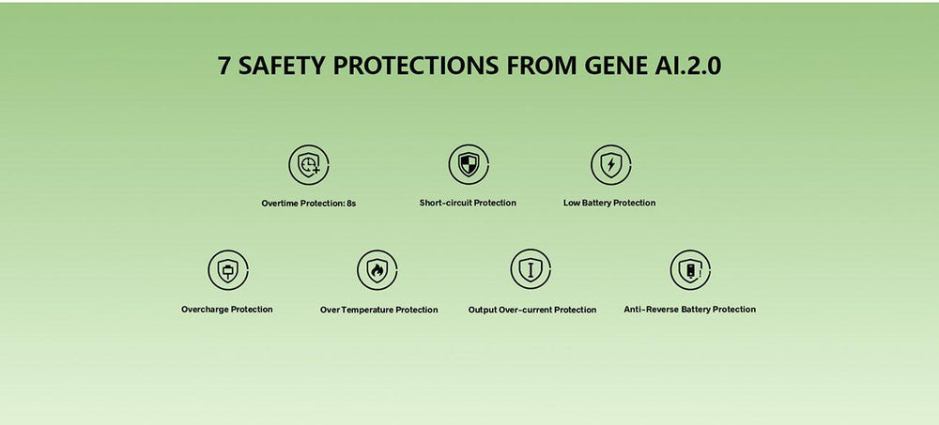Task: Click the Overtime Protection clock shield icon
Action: (x=309, y=164)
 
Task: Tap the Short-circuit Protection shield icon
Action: (x=469, y=164)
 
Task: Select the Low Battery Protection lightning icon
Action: (x=611, y=164)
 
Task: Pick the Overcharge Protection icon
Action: (x=228, y=270)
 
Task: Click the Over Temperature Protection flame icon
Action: (x=377, y=270)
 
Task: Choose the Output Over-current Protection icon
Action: (x=531, y=269)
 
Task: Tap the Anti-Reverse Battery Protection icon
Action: (x=690, y=270)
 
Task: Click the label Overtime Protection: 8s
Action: (x=308, y=204)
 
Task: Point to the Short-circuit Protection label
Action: (x=468, y=203)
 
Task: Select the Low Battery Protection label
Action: (x=609, y=203)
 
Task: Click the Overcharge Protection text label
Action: (x=227, y=310)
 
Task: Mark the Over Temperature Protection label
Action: (x=379, y=310)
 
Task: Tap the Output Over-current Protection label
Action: (x=532, y=310)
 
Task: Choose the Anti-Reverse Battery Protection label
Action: (x=690, y=310)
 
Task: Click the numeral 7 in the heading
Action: (x=224, y=66)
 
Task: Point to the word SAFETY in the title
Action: (x=282, y=66)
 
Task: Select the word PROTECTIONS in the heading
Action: (x=416, y=66)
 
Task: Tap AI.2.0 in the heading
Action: (x=685, y=66)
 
